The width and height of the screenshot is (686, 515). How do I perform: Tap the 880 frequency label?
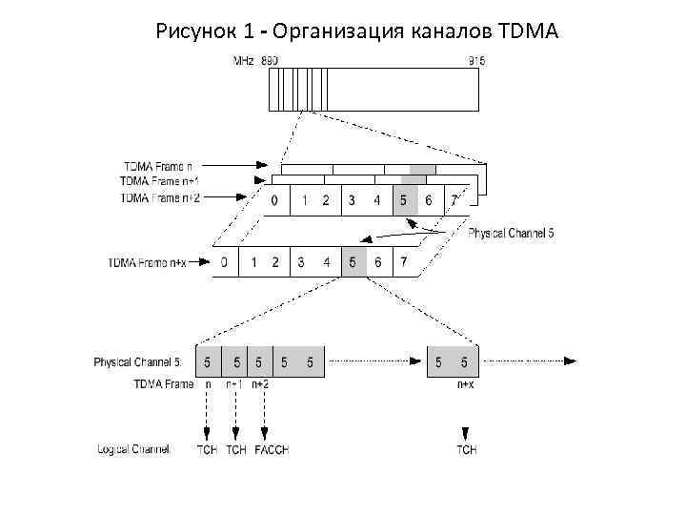pos(270,60)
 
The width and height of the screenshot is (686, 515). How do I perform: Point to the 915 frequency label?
pos(476,60)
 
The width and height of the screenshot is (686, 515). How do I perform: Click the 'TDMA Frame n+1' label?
pos(160,180)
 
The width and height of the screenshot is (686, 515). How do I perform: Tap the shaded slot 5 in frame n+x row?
pos(353,262)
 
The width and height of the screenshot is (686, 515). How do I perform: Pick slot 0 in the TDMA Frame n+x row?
pos(224,262)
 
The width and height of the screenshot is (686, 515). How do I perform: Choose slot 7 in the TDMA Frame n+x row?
pos(405,262)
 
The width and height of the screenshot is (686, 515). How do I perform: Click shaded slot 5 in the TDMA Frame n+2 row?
pos(403,200)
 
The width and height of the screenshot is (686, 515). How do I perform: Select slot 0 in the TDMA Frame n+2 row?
pos(274,200)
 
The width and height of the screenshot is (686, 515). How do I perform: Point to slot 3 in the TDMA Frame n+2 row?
pos(352,200)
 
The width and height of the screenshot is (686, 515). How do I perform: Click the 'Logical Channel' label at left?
pos(133,448)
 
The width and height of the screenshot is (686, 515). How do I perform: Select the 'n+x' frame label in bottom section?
pos(466,383)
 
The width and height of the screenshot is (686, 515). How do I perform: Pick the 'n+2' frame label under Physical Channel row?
pos(260,383)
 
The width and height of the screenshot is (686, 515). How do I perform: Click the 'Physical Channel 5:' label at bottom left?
pos(137,362)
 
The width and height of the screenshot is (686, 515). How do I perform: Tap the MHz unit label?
pos(244,60)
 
